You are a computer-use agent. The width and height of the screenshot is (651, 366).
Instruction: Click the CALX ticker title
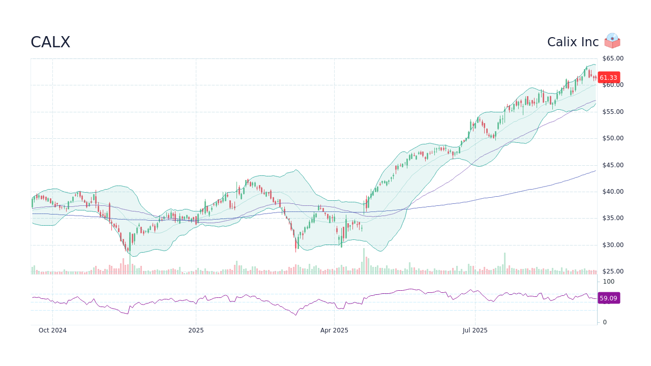(50, 42)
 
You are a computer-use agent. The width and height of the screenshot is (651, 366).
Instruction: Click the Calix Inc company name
(573, 42)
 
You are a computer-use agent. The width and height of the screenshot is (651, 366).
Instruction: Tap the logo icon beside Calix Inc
(612, 41)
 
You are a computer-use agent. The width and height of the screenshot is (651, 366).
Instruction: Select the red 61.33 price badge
(608, 78)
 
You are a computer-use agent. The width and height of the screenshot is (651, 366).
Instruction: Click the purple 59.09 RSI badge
(608, 298)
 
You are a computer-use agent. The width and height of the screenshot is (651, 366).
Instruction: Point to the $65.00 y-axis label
(613, 58)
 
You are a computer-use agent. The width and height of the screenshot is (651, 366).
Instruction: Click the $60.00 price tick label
(613, 85)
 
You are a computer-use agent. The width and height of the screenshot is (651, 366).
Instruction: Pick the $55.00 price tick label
(613, 112)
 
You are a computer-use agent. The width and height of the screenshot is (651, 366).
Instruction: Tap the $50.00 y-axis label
(613, 138)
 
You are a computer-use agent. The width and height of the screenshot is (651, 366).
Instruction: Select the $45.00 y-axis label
(613, 165)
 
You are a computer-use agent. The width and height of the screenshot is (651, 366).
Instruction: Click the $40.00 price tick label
(613, 192)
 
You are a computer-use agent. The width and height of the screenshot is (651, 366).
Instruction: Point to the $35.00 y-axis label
(613, 218)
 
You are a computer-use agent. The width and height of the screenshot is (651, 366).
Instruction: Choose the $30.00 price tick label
(613, 245)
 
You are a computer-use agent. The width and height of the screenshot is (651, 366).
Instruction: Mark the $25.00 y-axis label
(613, 271)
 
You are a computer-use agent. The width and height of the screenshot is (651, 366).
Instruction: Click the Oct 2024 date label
(52, 330)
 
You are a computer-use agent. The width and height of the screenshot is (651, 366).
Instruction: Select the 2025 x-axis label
(196, 330)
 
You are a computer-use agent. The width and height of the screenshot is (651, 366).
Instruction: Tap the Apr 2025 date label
(334, 330)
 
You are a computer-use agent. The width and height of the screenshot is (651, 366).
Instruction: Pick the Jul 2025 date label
(475, 330)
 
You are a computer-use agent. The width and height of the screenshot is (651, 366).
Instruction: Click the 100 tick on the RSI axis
(609, 282)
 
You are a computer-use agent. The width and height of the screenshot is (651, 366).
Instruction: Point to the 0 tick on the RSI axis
(605, 322)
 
